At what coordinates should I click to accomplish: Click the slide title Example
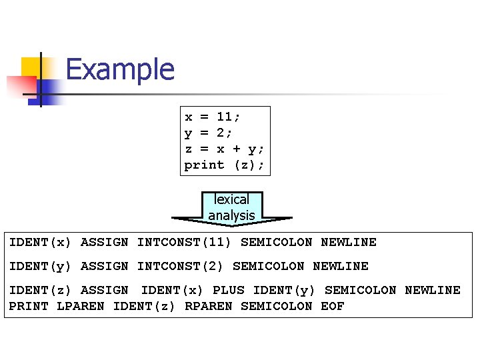point(120,69)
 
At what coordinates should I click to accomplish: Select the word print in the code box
point(205,165)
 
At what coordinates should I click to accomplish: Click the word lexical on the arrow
point(231,199)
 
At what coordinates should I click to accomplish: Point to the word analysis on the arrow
point(231,215)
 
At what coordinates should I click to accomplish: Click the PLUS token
point(229,290)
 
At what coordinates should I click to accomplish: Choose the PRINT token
point(29,306)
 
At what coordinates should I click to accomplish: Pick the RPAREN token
point(209,306)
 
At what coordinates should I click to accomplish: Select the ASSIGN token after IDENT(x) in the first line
point(105,242)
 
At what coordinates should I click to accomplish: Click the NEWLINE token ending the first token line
point(349,242)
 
